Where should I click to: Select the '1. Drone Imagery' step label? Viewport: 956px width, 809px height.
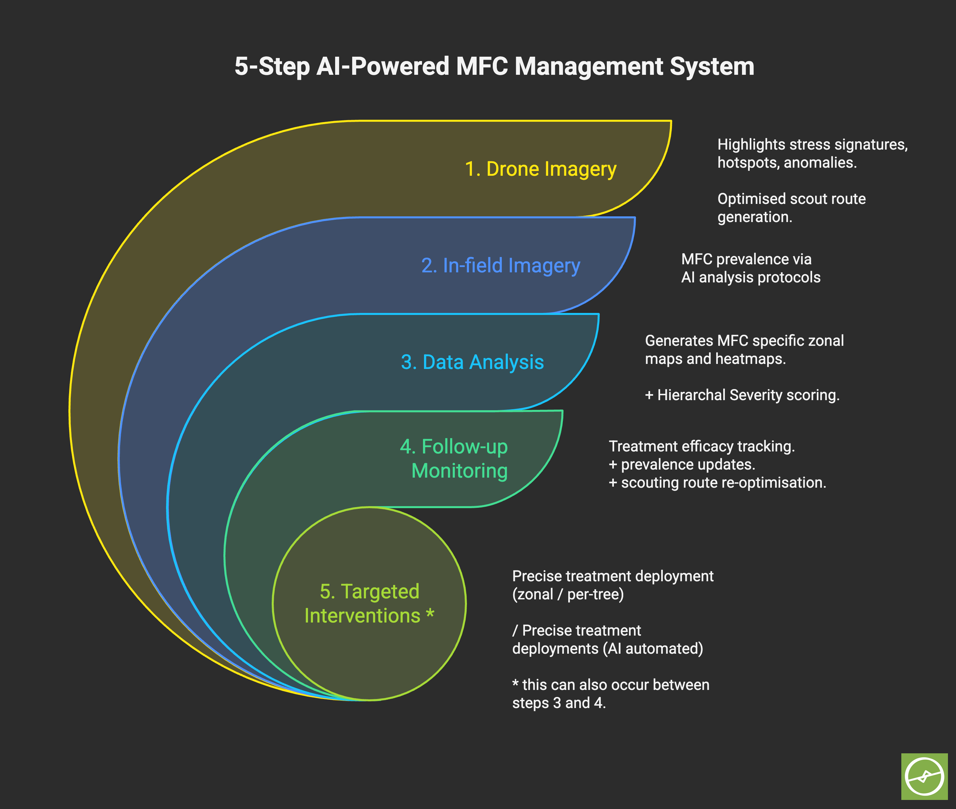[540, 169]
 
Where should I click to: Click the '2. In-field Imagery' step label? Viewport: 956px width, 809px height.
[500, 266]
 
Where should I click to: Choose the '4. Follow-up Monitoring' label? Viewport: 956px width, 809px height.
[454, 459]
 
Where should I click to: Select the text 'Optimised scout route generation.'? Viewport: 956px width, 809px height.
[791, 208]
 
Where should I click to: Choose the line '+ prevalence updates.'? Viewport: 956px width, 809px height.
[682, 465]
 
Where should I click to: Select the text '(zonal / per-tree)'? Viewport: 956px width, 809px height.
[568, 594]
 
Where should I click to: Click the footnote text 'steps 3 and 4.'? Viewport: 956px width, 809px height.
[559, 703]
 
